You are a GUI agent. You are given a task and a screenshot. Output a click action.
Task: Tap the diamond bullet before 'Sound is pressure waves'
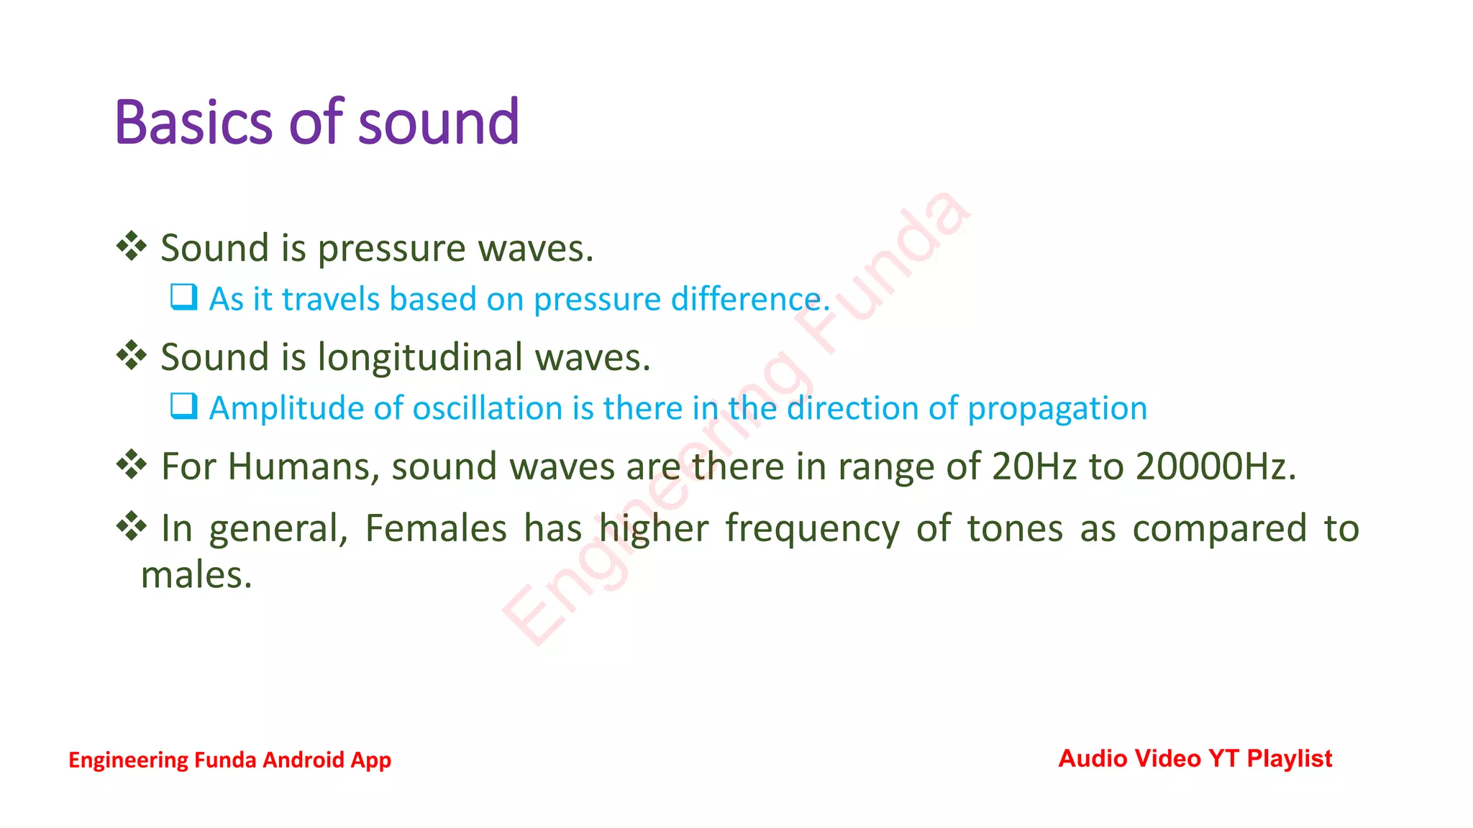132,247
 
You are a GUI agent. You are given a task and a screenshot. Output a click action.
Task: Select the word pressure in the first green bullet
392,249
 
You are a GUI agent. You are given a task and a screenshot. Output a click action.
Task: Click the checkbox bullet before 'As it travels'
183,297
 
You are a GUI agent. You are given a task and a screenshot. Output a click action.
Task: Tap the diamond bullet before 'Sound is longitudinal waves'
132,355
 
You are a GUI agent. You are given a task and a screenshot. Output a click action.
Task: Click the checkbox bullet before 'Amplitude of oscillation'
183,406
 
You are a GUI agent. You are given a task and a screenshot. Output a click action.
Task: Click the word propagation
1057,409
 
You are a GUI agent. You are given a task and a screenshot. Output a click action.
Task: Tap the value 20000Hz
1216,466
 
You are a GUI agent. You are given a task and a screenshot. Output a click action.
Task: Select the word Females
436,528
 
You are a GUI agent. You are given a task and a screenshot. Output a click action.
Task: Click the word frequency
812,530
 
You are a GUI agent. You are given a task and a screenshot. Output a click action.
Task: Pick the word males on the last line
196,575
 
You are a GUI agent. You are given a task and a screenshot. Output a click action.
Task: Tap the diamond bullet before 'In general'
132,526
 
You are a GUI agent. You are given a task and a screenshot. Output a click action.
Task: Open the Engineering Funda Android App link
229,760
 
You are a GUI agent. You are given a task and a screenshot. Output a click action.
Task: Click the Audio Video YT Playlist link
1195,758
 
